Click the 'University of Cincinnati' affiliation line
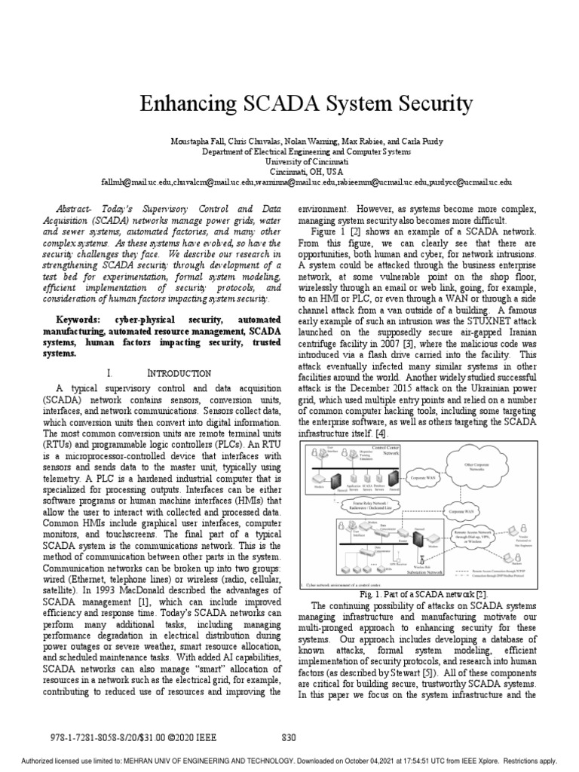tap(290, 161)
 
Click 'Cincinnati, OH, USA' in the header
tap(290, 172)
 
